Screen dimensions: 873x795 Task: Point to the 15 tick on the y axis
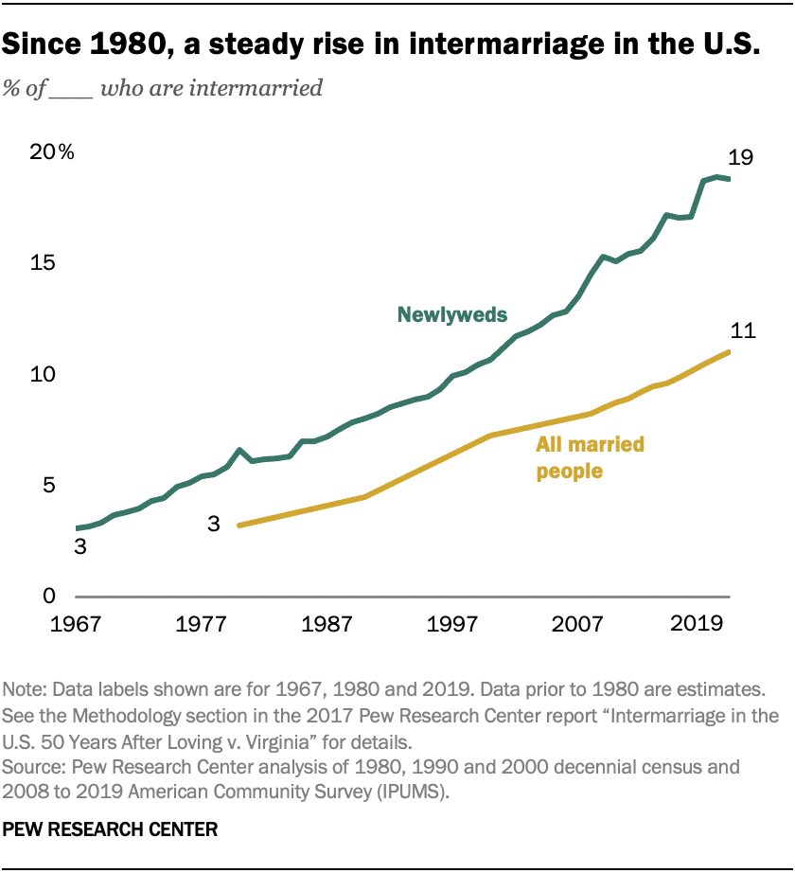tap(41, 264)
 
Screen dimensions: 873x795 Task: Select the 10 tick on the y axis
tap(41, 375)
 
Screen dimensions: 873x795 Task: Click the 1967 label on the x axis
tap(75, 625)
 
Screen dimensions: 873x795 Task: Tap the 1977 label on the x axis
tap(201, 625)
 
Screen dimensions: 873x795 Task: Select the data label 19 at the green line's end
tap(740, 157)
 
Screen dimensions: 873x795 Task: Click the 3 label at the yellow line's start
tap(214, 523)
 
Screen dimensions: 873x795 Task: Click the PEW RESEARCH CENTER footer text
tap(111, 829)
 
